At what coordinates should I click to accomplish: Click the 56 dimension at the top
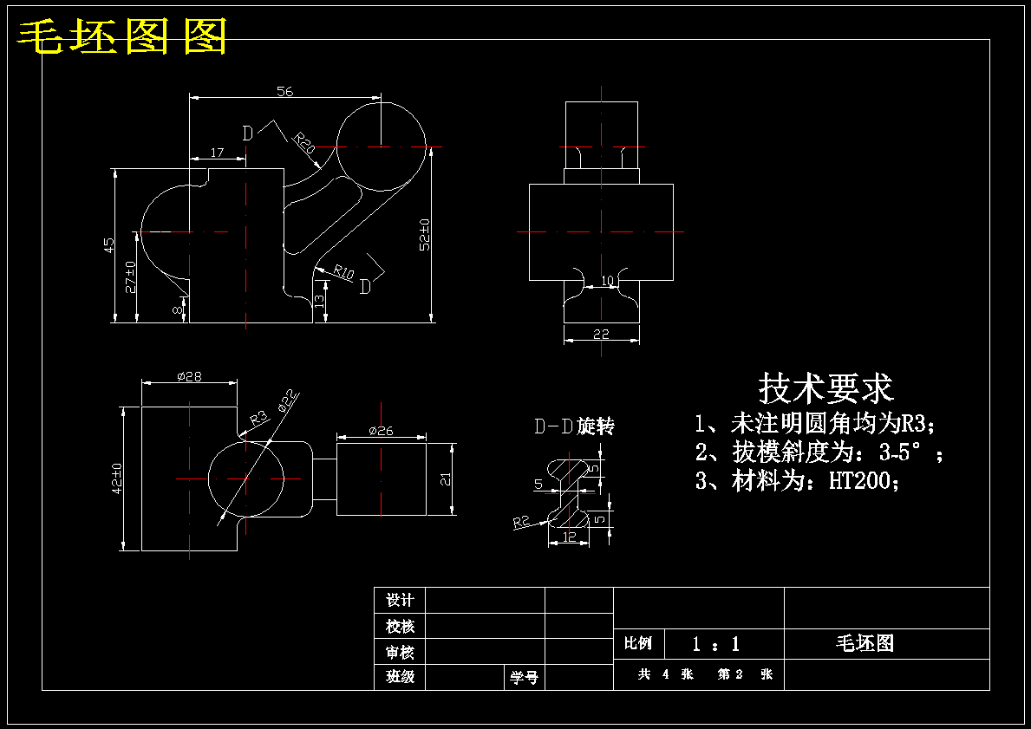(x=284, y=91)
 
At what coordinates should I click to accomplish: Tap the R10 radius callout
(x=343, y=271)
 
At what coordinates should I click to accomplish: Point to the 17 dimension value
(x=217, y=153)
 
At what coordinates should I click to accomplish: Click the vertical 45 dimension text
(x=109, y=245)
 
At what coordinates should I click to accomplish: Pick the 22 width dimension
(x=601, y=334)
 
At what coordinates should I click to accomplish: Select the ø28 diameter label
(x=189, y=377)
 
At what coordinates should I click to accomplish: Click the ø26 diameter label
(x=381, y=431)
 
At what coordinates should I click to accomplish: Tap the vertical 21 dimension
(x=446, y=479)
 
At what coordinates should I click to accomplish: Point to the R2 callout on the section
(x=521, y=522)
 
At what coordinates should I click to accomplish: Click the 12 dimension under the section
(x=570, y=537)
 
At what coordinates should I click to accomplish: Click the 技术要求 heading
(x=826, y=388)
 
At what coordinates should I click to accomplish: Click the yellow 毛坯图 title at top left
(x=121, y=36)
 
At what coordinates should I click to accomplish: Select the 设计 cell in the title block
(x=400, y=600)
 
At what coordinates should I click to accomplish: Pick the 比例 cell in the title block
(x=638, y=643)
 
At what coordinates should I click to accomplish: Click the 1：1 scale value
(x=716, y=643)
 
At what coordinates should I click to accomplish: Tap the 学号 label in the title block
(x=524, y=677)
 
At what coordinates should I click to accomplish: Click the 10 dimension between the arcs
(x=608, y=281)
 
